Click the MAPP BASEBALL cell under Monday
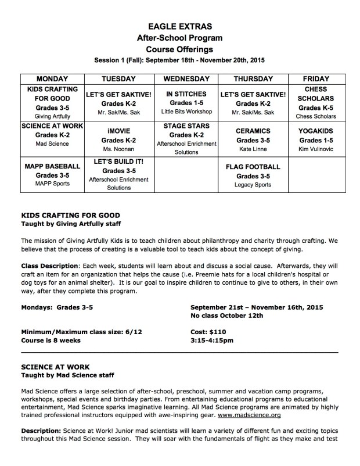(x=52, y=175)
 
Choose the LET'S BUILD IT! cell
(x=118, y=175)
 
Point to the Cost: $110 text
(x=207, y=331)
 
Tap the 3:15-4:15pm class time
(x=212, y=340)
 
